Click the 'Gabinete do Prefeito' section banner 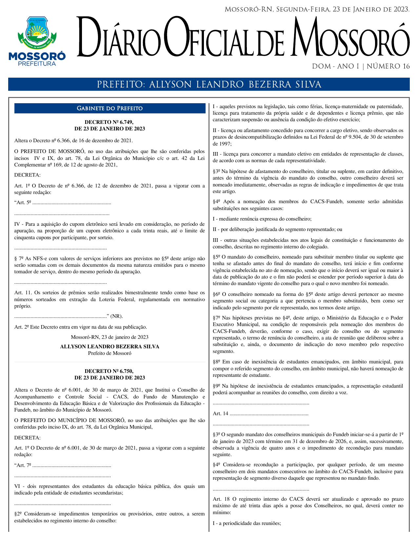coord(109,108)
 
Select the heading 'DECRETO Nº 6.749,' coord(109,122)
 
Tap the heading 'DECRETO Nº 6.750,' coord(109,371)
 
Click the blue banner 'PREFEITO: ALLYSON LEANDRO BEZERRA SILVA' coord(209,85)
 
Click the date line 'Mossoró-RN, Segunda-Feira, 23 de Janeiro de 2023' coord(317,10)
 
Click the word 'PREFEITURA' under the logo coord(37,64)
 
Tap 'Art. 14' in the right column coord(220,414)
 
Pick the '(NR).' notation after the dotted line coord(116,316)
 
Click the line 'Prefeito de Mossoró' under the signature coord(109,353)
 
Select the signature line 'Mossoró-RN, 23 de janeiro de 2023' coord(109,337)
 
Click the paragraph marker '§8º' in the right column coord(217,362)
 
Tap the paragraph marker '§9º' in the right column coord(217,386)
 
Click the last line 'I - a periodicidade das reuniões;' coord(247,523)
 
